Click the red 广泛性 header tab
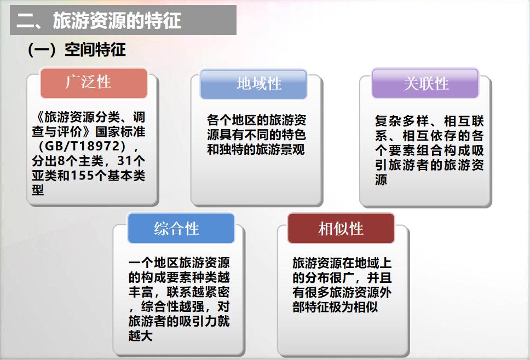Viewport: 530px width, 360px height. point(94,83)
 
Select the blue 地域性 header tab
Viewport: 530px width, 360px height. point(254,84)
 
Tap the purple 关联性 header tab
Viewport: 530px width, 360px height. point(425,83)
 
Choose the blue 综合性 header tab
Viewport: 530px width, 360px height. point(181,228)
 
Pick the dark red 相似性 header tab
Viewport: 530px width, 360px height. point(341,228)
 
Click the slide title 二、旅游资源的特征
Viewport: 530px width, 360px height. point(99,20)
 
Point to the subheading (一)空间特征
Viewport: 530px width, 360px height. point(77,50)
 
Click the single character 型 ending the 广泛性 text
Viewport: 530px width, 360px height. point(38,190)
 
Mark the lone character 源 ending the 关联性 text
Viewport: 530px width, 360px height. point(381,179)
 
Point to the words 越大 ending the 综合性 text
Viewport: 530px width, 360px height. point(141,335)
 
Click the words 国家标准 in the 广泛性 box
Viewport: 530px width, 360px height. point(120,132)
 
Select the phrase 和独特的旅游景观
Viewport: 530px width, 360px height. point(256,149)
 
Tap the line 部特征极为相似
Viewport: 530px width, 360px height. point(335,307)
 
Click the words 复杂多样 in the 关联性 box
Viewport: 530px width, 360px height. point(402,121)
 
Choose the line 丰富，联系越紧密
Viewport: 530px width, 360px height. point(179,292)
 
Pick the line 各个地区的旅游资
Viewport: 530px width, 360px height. point(257,120)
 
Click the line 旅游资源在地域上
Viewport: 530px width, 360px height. point(342,263)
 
